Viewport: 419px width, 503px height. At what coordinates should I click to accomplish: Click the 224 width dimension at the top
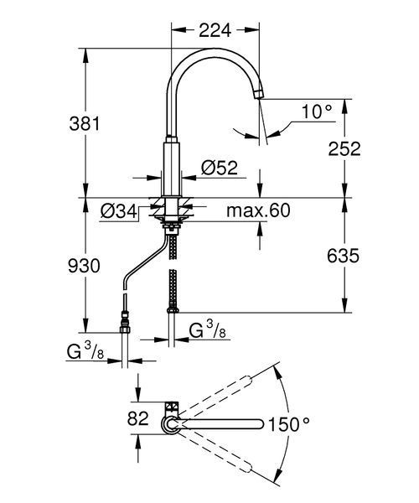(215, 30)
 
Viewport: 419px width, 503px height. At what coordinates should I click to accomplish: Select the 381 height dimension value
(85, 123)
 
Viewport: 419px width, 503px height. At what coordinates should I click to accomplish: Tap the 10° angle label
(317, 111)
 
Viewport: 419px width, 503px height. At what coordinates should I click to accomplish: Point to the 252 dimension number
(344, 148)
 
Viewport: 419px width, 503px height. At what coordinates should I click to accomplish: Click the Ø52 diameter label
(220, 168)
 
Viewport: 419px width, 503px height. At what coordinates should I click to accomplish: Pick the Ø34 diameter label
(119, 211)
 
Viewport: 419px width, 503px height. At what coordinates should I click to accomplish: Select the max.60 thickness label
(258, 210)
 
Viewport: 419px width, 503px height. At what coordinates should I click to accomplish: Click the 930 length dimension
(84, 266)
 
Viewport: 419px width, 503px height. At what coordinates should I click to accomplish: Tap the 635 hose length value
(343, 256)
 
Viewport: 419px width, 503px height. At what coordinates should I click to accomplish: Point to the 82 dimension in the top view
(138, 418)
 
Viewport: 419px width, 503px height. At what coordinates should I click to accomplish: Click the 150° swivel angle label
(288, 424)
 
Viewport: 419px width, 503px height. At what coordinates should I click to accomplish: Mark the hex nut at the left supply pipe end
(124, 329)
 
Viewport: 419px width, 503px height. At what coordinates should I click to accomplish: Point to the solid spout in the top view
(218, 423)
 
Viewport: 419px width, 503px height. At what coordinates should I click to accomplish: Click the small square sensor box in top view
(172, 407)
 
